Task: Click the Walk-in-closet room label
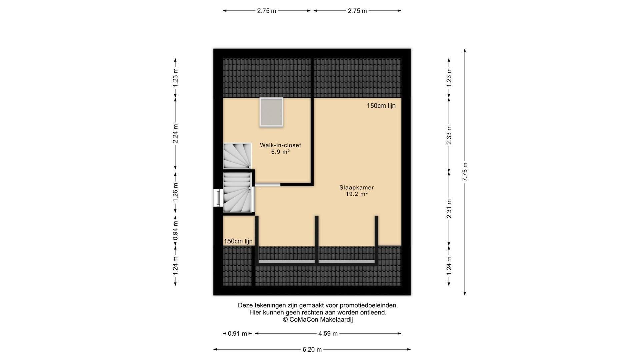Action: (280, 145)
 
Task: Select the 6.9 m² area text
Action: (280, 152)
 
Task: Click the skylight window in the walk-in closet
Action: (271, 112)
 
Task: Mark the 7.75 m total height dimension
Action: (465, 172)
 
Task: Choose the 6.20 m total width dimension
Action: (312, 349)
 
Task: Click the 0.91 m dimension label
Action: (237, 333)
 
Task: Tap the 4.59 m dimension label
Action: (328, 333)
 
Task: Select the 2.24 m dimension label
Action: (175, 133)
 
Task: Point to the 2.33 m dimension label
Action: (449, 135)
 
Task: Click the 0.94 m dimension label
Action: (175, 230)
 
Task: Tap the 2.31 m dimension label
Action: (449, 209)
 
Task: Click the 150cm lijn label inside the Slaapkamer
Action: (381, 106)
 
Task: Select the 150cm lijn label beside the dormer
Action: (238, 241)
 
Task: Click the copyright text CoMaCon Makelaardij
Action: (318, 319)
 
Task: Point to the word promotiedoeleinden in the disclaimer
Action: (369, 305)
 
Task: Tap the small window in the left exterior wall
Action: (218, 198)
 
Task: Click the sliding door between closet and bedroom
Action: (267, 184)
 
